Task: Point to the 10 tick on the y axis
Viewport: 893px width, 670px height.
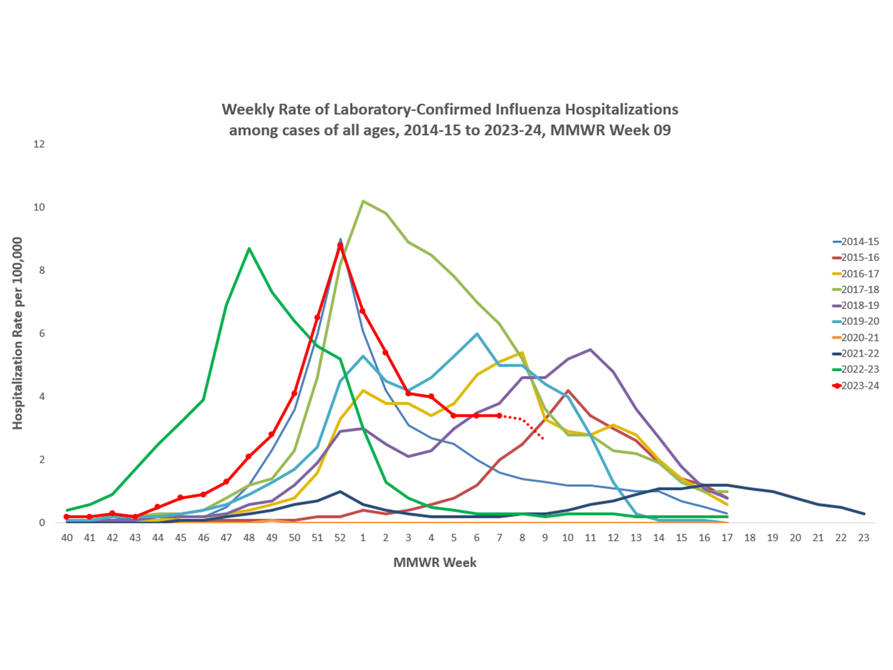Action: (39, 207)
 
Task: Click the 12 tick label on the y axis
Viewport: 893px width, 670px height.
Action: (39, 144)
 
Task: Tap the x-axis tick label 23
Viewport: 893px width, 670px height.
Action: (864, 538)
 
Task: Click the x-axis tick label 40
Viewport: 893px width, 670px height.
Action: (67, 538)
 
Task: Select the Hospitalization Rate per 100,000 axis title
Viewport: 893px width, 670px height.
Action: (17, 333)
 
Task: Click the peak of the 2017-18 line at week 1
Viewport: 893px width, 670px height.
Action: (363, 201)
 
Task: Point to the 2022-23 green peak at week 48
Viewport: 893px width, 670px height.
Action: (249, 248)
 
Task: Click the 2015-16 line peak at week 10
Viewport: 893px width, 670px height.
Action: (568, 391)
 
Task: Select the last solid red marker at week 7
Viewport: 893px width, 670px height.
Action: (500, 416)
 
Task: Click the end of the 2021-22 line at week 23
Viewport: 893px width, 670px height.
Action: (864, 514)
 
